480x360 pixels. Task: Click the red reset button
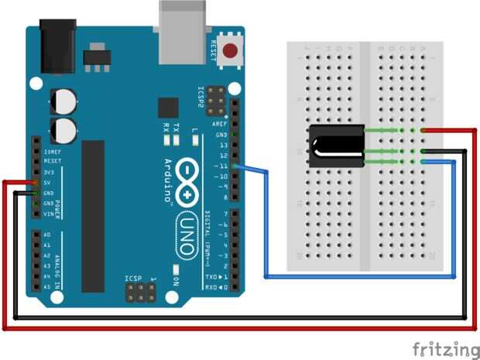click(229, 52)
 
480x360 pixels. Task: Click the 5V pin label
click(49, 183)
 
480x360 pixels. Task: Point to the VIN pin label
click(50, 213)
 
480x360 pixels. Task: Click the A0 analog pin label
click(47, 235)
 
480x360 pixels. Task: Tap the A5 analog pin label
click(47, 286)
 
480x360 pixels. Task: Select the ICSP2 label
click(201, 98)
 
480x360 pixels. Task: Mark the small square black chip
click(168, 108)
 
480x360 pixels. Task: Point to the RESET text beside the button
click(213, 52)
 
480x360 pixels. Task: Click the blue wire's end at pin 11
click(237, 166)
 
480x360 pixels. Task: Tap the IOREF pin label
click(53, 152)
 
